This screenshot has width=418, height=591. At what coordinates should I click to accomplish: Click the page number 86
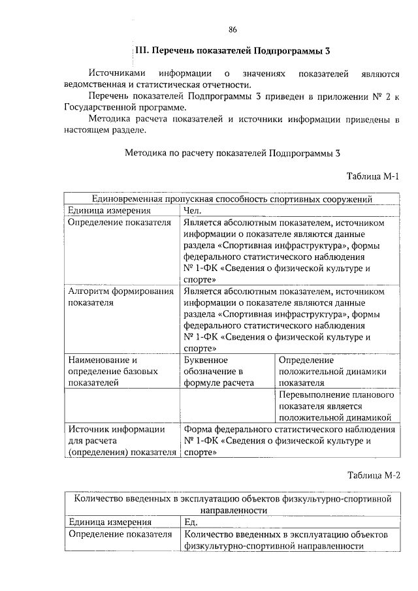(233, 29)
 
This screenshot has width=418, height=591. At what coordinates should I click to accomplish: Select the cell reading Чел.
(193, 210)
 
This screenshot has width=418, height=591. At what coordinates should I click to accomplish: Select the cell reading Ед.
(191, 522)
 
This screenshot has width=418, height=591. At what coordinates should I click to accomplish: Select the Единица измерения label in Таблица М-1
(109, 210)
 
